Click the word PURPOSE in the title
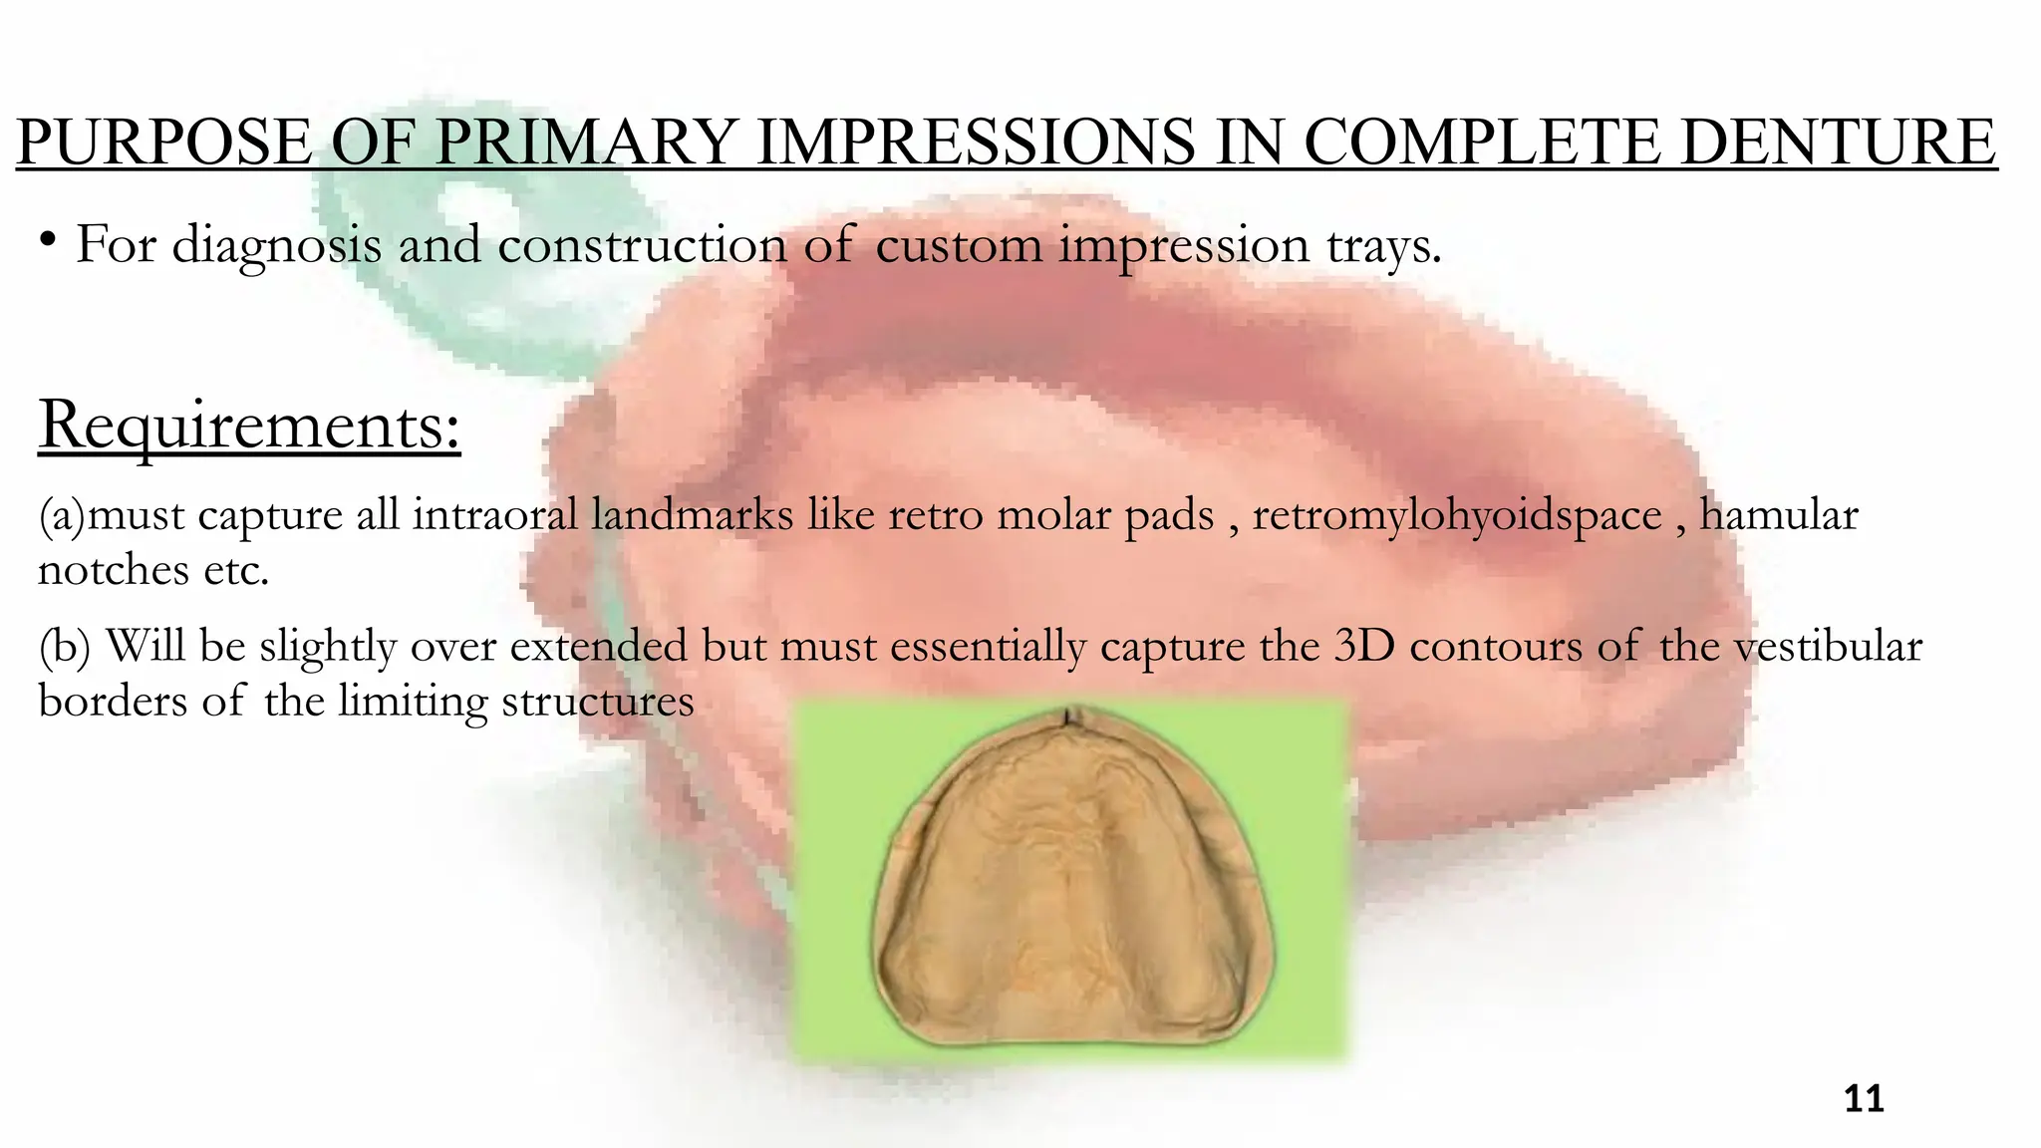point(164,143)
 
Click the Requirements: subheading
point(249,427)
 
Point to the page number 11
point(1864,1099)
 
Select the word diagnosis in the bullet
point(276,245)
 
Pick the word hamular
point(1779,516)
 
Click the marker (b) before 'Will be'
point(64,647)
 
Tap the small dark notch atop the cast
point(1069,715)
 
